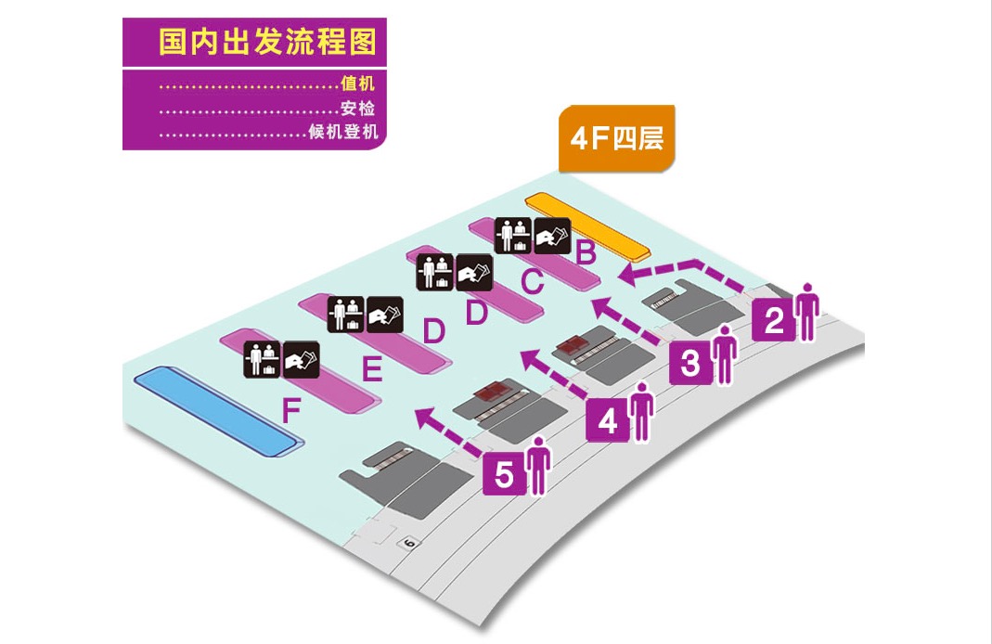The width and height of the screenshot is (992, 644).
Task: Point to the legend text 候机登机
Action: [344, 132]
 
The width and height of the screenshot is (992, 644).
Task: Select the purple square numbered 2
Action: [774, 320]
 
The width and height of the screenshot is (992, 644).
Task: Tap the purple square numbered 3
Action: [691, 364]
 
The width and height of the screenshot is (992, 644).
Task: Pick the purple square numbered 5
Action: [504, 475]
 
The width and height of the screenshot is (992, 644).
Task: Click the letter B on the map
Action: [586, 251]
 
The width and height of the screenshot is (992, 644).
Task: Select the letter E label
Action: [372, 371]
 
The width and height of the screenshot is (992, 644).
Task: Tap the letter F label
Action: [291, 411]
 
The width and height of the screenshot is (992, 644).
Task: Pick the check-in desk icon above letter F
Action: [261, 359]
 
